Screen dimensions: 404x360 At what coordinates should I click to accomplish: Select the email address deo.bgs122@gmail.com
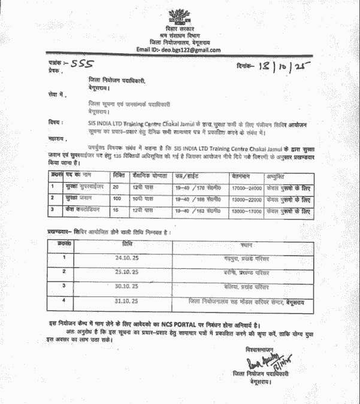pos(187,50)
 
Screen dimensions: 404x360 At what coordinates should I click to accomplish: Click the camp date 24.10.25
pos(126,257)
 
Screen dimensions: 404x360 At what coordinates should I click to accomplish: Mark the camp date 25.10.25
pos(126,272)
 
